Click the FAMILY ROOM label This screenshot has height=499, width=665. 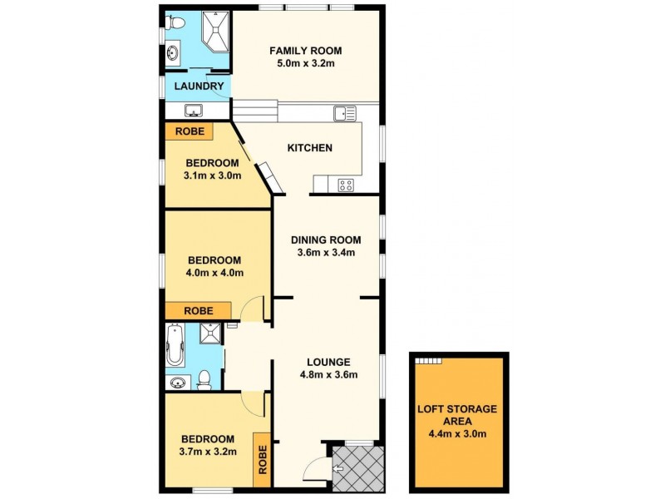305,51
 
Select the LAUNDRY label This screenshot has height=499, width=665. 198,86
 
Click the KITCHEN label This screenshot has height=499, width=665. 309,148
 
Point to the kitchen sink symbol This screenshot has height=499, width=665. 344,112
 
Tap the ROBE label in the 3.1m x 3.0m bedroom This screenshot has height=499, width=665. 190,131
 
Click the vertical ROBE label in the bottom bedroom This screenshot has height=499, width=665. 263,460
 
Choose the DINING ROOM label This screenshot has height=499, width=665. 326,240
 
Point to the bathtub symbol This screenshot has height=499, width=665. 174,345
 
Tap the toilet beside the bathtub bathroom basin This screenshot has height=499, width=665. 204,380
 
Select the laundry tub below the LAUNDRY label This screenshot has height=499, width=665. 195,111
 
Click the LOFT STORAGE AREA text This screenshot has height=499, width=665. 456,415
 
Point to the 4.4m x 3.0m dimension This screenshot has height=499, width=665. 456,433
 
